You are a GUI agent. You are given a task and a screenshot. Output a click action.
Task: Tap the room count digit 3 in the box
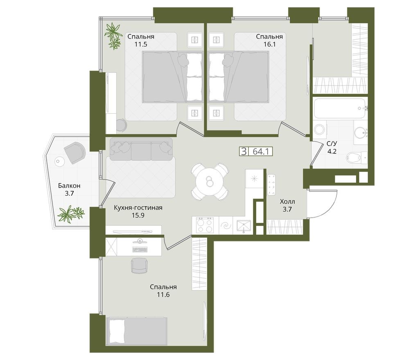244,151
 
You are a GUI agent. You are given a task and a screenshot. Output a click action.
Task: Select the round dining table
210,182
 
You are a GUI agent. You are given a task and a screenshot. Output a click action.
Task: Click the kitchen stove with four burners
204,225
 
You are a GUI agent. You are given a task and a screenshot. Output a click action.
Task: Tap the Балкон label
69,186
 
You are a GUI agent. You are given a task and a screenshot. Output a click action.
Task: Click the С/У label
331,144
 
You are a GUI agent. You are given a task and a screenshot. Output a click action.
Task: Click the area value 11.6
163,295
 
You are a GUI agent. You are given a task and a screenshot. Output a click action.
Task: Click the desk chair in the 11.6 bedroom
138,265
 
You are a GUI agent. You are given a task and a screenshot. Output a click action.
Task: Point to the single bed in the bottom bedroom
137,331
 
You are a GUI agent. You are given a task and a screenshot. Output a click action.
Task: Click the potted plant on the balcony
70,214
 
